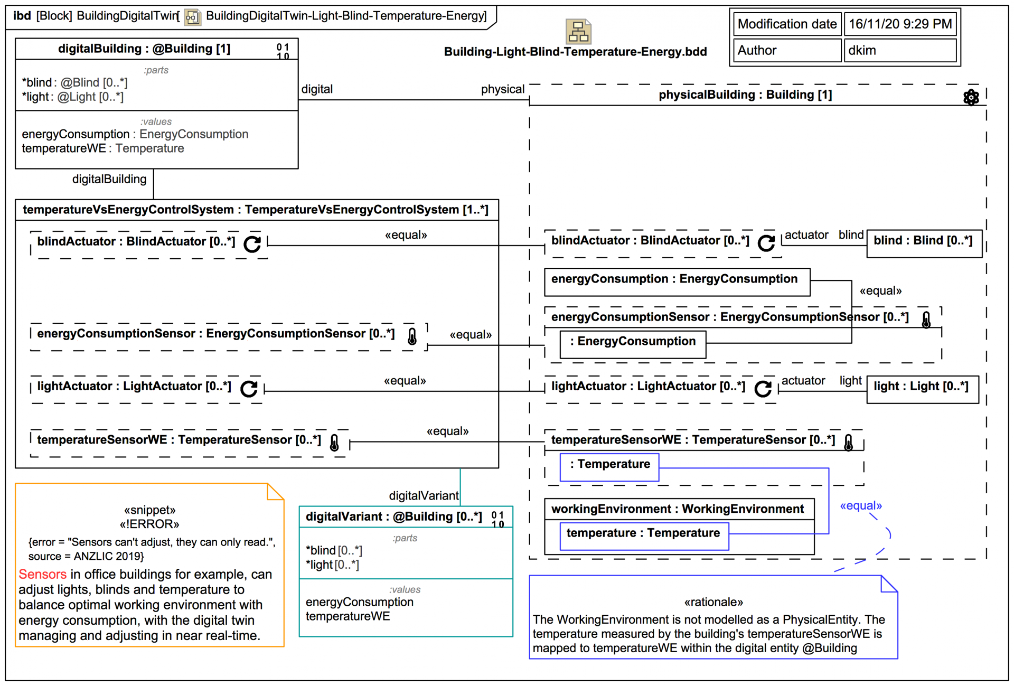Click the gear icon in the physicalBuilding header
tap(971, 97)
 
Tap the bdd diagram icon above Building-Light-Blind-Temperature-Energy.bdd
tap(578, 32)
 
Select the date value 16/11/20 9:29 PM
tap(900, 24)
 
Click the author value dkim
tap(862, 51)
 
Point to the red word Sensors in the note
tap(42, 574)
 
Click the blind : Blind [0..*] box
tap(924, 241)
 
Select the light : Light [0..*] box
tap(922, 387)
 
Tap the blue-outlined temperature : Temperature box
tap(643, 533)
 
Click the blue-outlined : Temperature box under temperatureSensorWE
tap(609, 465)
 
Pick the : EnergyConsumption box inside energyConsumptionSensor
tap(633, 342)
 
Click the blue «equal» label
tap(861, 506)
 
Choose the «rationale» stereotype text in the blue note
tap(713, 603)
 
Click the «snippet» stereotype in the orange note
tap(149, 510)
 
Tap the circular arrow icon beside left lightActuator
tap(249, 389)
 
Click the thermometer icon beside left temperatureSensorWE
tap(334, 443)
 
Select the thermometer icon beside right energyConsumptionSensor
tap(926, 319)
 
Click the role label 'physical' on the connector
tap(502, 89)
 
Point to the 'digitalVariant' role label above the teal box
tap(424, 496)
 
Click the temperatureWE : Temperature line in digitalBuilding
tap(103, 148)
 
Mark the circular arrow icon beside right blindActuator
tap(766, 242)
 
